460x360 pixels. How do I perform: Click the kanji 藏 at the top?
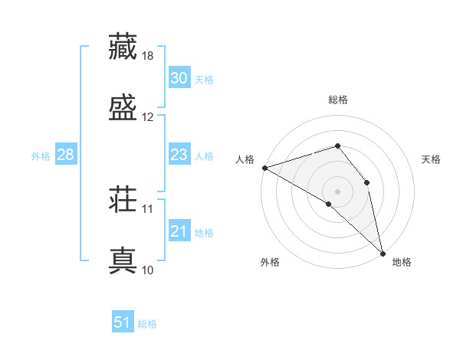[123, 46]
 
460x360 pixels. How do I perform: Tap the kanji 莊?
[123, 201]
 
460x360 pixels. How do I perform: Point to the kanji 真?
[123, 260]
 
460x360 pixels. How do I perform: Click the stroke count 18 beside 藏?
[148, 57]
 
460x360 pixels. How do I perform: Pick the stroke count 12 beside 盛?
[148, 116]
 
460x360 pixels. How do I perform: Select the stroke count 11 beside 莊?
[148, 208]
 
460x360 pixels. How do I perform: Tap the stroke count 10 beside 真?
[148, 270]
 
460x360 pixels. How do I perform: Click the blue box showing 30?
[179, 78]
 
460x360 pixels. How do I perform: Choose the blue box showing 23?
[179, 155]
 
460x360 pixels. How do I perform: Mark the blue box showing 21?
[179, 231]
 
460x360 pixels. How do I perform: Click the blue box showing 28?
[65, 155]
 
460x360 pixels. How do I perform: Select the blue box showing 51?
[123, 322]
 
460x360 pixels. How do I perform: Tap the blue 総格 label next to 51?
[147, 324]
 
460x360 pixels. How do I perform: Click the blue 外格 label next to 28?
[41, 155]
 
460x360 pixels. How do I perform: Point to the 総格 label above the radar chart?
[338, 100]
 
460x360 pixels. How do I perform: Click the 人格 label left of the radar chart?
[245, 159]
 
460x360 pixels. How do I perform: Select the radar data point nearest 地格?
[382, 252]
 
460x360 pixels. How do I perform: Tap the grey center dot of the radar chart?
[337, 191]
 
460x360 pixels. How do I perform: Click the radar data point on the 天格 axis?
[367, 182]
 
